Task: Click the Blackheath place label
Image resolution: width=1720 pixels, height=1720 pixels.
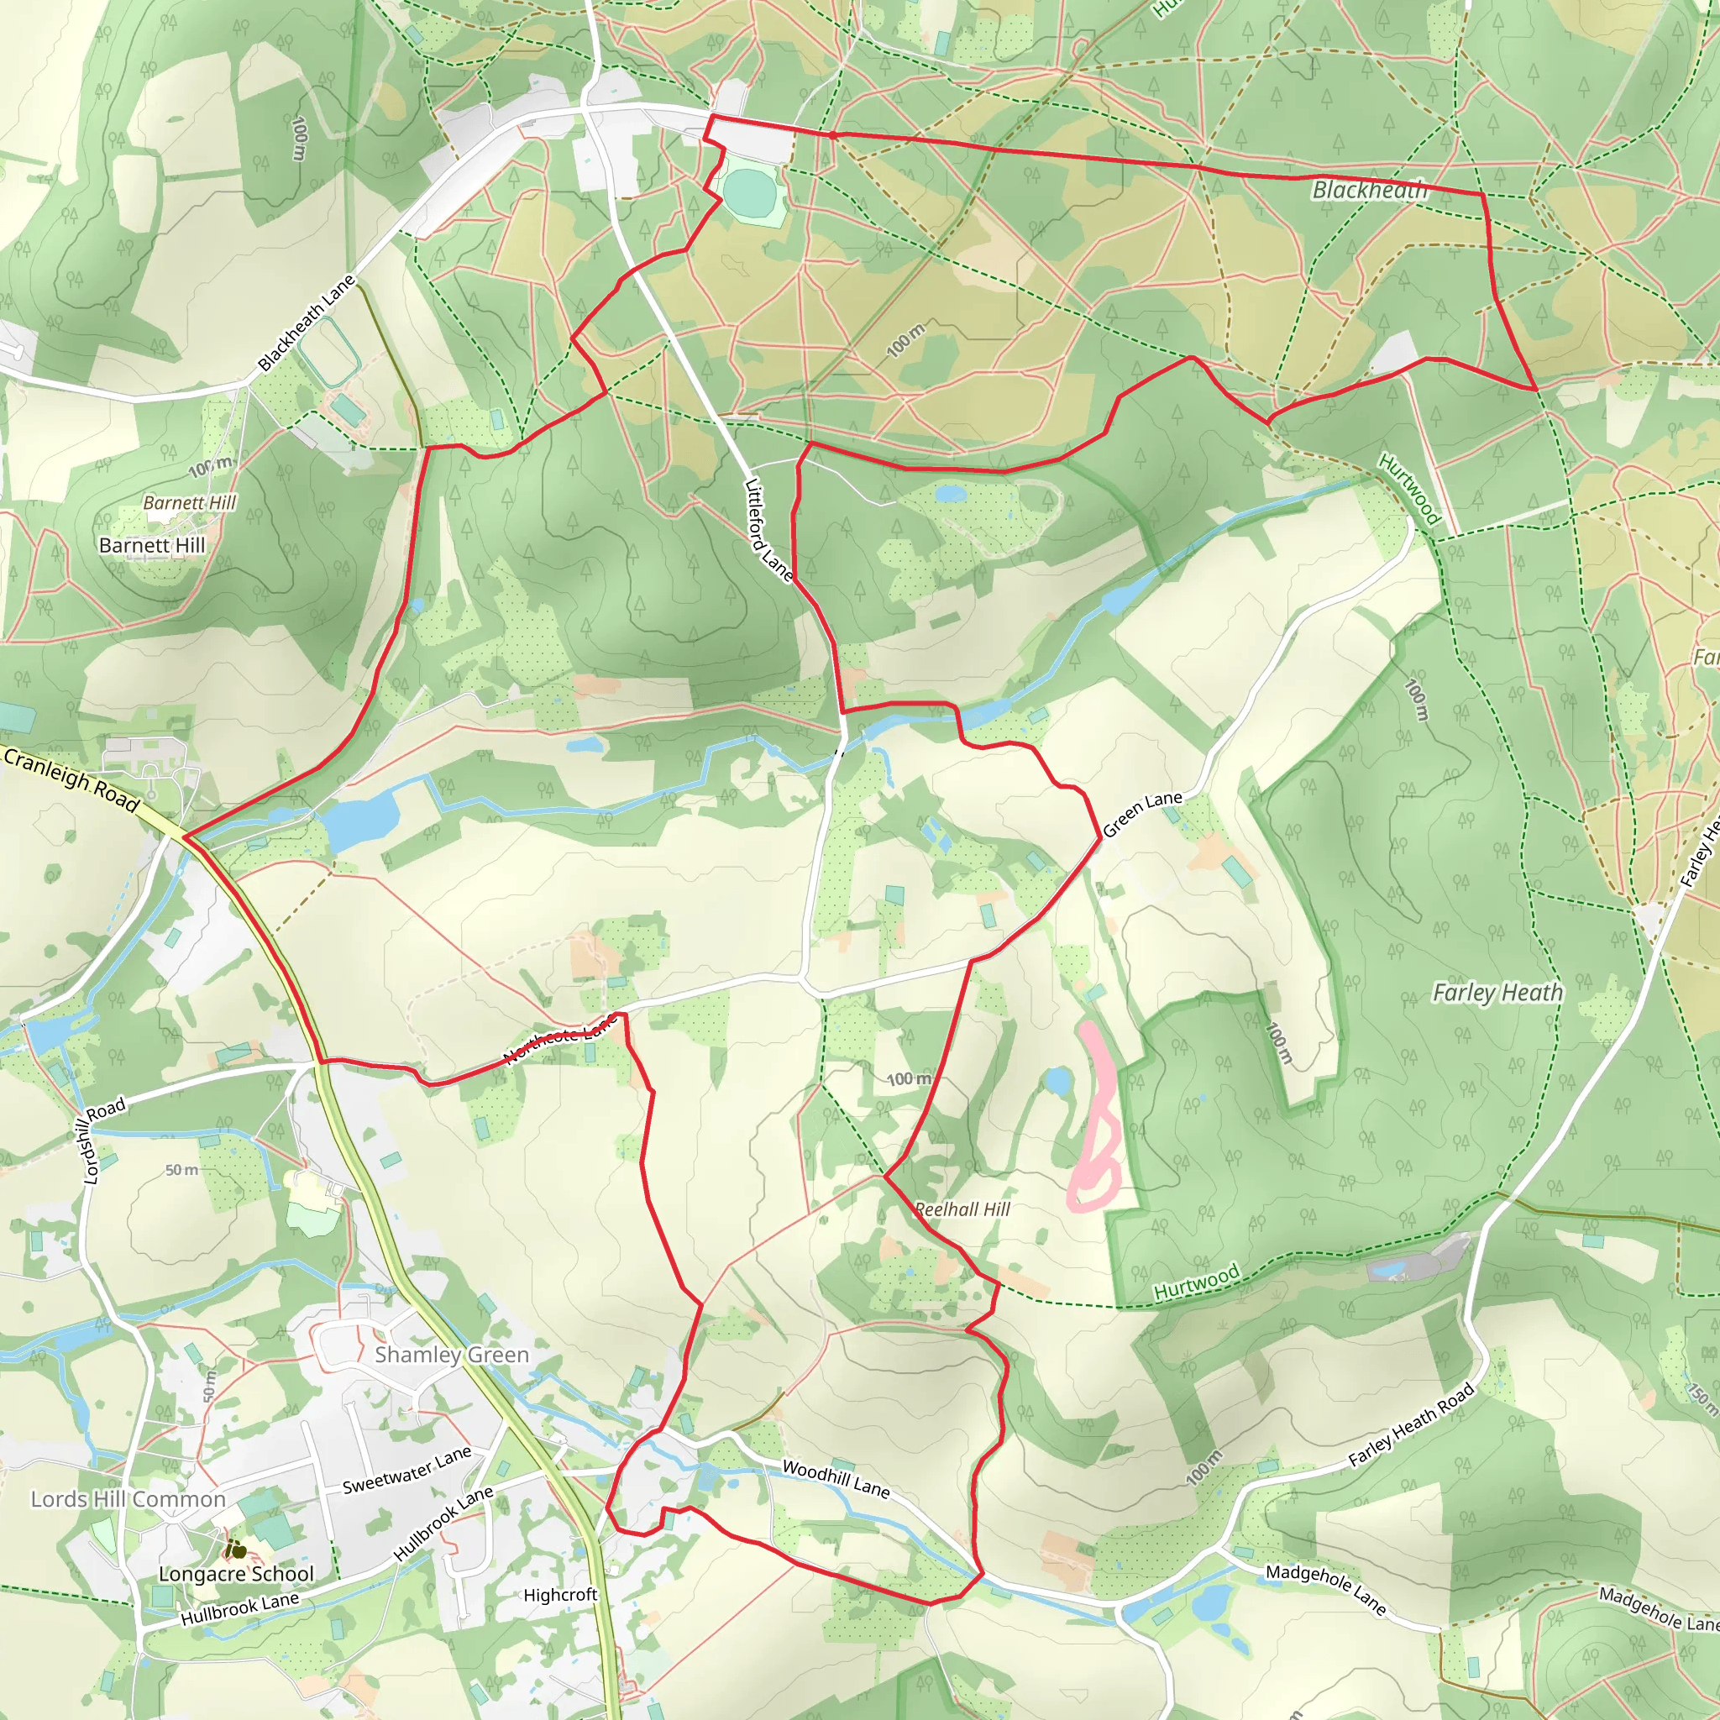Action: point(1369,189)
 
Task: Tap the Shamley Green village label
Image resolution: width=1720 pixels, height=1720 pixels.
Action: point(451,1355)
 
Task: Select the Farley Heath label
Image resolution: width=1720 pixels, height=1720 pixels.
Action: point(1497,993)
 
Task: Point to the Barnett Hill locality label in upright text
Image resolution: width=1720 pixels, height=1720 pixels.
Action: point(152,545)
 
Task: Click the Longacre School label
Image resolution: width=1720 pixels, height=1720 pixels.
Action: point(236,1574)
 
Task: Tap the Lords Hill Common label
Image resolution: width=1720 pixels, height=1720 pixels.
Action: point(128,1499)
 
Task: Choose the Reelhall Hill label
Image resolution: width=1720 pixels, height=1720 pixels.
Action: point(962,1209)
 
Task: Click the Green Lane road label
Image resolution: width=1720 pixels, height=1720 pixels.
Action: point(1142,814)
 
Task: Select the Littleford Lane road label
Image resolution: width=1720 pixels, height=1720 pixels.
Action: point(769,530)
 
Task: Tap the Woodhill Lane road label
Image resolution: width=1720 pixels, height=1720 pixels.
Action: point(836,1479)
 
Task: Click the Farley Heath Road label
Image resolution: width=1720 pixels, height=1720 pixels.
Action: point(1411,1425)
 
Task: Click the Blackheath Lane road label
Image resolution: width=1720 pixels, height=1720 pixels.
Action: point(307,323)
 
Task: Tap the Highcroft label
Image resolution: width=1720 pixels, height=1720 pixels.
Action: point(560,1595)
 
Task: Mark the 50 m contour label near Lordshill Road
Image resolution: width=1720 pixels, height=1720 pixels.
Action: point(181,1170)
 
